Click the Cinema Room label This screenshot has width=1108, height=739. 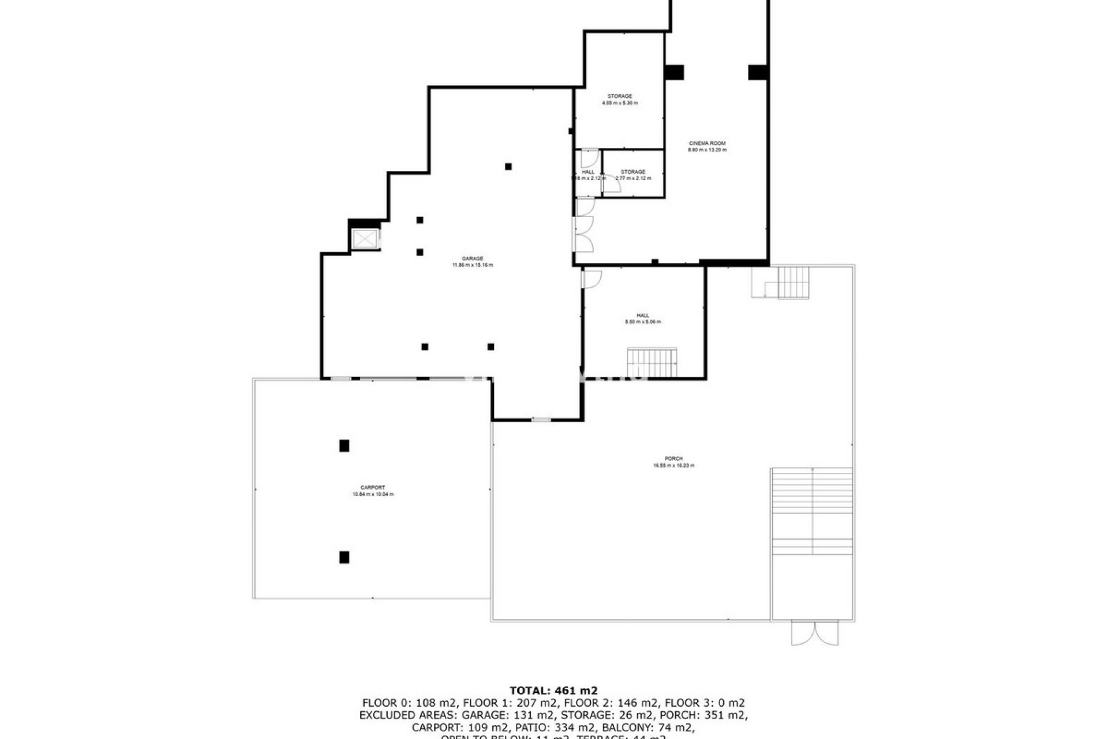(707, 146)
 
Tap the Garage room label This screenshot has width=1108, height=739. (472, 262)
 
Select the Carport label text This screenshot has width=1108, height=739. (373, 491)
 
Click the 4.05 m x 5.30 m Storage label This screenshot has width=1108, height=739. (620, 99)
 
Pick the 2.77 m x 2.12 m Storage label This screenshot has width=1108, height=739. (633, 175)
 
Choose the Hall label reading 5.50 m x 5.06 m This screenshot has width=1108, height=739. (643, 319)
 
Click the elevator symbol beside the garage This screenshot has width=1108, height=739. (365, 239)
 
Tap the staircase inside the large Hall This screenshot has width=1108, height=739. (652, 362)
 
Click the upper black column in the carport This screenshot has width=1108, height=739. (344, 446)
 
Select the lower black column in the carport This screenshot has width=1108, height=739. (344, 557)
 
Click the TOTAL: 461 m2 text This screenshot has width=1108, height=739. (553, 690)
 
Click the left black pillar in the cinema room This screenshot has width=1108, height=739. (674, 72)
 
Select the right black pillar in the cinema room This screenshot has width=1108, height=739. (758, 72)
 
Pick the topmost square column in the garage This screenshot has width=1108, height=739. (508, 167)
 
